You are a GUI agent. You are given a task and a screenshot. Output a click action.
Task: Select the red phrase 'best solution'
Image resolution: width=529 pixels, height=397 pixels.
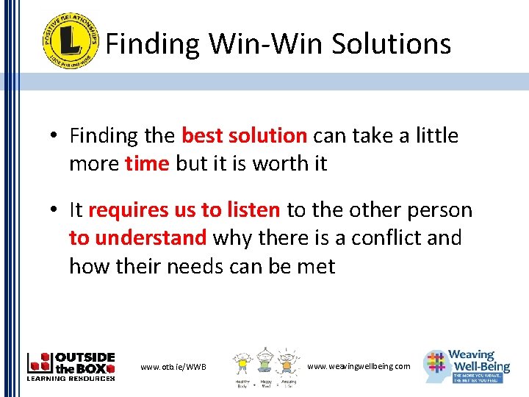(244, 136)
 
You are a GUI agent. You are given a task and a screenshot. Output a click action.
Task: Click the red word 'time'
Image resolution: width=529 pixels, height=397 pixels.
(147, 164)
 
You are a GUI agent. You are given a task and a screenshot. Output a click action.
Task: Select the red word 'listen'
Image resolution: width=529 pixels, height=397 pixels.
(252, 210)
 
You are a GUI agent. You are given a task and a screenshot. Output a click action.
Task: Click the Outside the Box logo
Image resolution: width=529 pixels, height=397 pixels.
(71, 366)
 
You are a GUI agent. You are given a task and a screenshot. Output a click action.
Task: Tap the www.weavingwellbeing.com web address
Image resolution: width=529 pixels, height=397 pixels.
(359, 366)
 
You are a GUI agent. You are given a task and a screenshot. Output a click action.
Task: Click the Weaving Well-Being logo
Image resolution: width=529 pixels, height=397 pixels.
(467, 365)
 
